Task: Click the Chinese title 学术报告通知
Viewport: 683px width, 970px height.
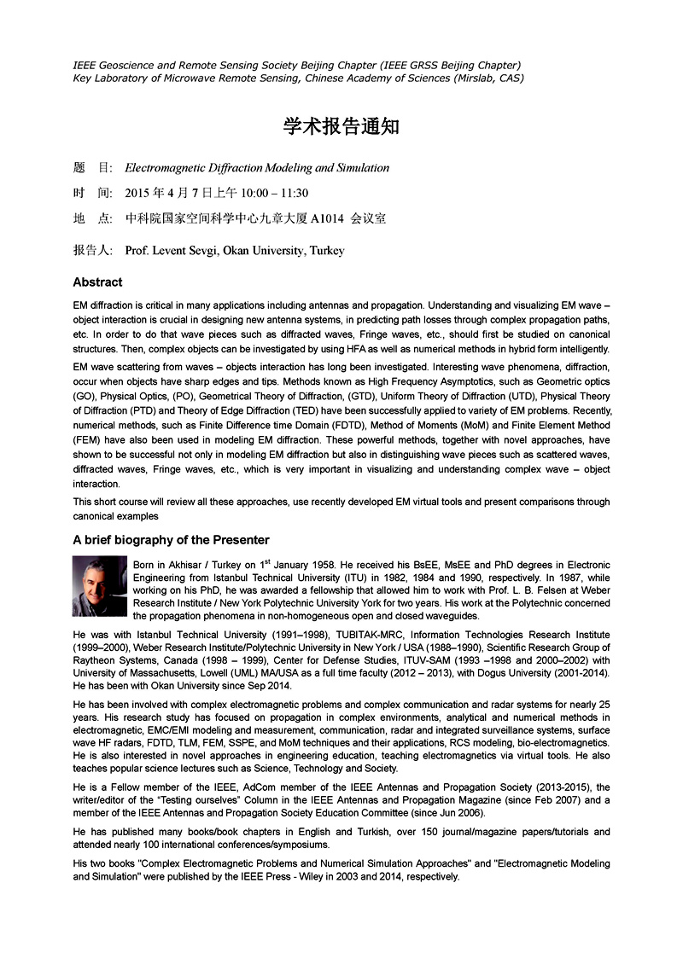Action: pyautogui.click(x=341, y=127)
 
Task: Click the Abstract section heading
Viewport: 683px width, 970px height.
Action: pyautogui.click(x=97, y=282)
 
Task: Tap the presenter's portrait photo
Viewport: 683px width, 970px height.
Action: pyautogui.click(x=100, y=586)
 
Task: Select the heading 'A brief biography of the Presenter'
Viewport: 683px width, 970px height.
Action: pyautogui.click(x=171, y=540)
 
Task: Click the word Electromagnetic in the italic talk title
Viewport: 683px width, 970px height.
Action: pyautogui.click(x=162, y=168)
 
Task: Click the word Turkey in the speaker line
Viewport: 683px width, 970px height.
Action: pyautogui.click(x=327, y=251)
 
